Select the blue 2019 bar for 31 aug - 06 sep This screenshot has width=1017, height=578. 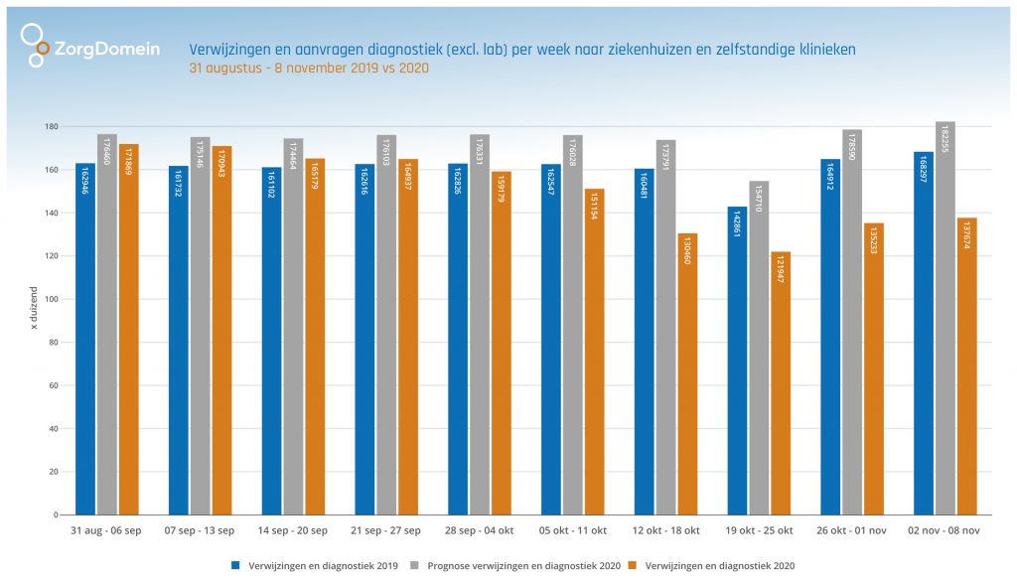coord(85,338)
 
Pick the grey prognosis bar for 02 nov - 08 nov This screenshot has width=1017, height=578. coord(945,318)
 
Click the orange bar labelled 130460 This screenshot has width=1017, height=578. coord(687,373)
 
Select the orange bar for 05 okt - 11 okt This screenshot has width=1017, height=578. coord(594,352)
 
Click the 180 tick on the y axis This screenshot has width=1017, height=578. coord(51,127)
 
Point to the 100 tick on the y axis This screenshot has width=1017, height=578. coord(51,299)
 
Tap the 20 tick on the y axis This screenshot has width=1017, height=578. coord(53,472)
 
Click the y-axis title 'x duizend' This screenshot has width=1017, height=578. coord(33,308)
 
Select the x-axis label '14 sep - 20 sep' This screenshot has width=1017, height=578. coord(292,531)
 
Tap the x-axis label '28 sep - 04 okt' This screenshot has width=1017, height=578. coord(479,531)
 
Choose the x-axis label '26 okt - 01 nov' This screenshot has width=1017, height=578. coord(851,531)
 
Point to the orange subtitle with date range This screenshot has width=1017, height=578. coord(309,69)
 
